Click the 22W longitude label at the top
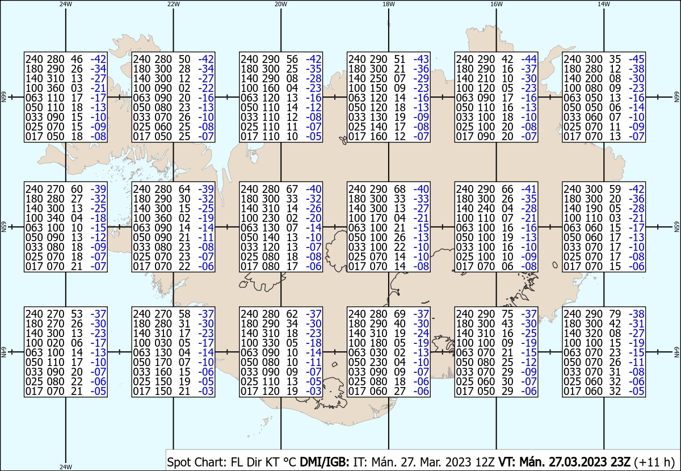click(173, 4)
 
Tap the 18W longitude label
click(389, 4)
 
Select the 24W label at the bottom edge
click(66, 466)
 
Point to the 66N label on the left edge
click(3, 97)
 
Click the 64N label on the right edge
click(676, 352)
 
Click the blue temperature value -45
click(636, 59)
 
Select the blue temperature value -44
click(529, 59)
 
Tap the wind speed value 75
click(507, 314)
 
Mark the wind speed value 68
click(400, 189)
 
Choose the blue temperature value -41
click(529, 189)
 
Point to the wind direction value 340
click(56, 218)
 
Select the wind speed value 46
click(77, 59)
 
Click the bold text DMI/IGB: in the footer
click(325, 462)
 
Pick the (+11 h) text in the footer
click(654, 462)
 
